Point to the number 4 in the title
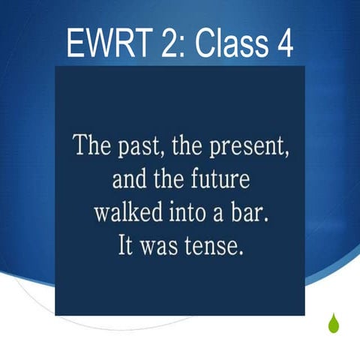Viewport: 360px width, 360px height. pyautogui.click(x=283, y=44)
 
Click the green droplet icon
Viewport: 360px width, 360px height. pyautogui.click(x=333, y=323)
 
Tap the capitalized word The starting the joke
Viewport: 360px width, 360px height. pyautogui.click(x=90, y=145)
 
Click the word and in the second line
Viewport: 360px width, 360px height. pyautogui.click(x=128, y=180)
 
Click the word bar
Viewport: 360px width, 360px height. pyautogui.click(x=250, y=213)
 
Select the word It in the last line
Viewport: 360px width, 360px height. pyautogui.click(x=127, y=247)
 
